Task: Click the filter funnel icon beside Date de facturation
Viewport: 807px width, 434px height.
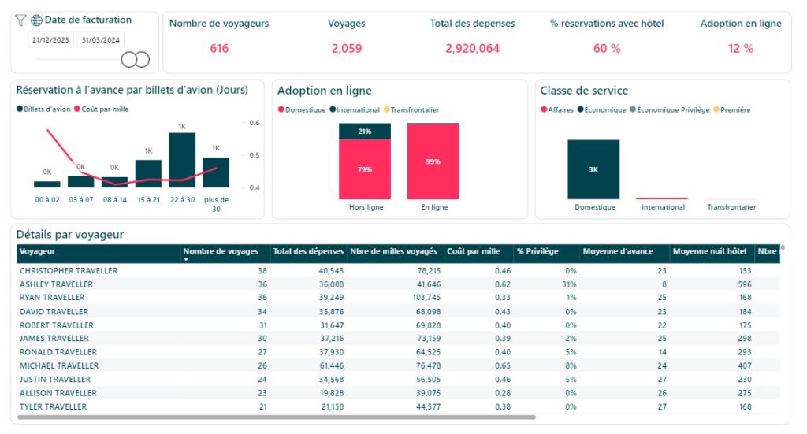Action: pyautogui.click(x=21, y=20)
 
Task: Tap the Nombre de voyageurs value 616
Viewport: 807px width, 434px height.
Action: pyautogui.click(x=219, y=49)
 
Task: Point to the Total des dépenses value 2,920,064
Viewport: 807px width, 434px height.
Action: pyautogui.click(x=472, y=49)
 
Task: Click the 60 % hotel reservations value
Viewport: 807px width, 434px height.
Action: pyautogui.click(x=607, y=49)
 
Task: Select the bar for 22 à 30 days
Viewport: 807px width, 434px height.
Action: pyautogui.click(x=182, y=160)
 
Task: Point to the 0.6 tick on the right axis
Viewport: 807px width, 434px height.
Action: pyautogui.click(x=255, y=123)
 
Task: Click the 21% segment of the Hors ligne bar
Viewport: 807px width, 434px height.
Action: pyautogui.click(x=364, y=132)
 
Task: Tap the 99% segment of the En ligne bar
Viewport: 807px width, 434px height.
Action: pyautogui.click(x=433, y=161)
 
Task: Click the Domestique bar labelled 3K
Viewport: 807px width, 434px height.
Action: pyautogui.click(x=593, y=169)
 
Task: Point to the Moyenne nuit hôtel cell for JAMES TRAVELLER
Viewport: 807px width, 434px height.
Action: pyautogui.click(x=732, y=339)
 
